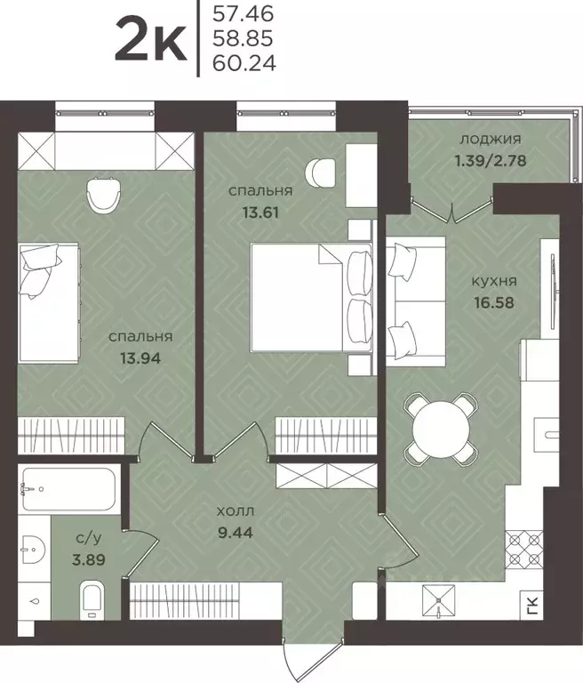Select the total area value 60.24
[244, 64]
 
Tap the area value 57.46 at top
[243, 13]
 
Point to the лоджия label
[491, 140]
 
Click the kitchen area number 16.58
[494, 302]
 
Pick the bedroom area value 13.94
[140, 358]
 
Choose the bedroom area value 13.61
[260, 213]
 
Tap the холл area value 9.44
[236, 532]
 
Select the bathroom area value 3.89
[89, 559]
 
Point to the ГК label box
[534, 607]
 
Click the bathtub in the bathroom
[68, 489]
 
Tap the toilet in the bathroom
[92, 600]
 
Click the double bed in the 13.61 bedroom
[311, 297]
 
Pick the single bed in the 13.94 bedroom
[49, 302]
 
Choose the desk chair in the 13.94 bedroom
[103, 195]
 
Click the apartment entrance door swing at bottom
[311, 662]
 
